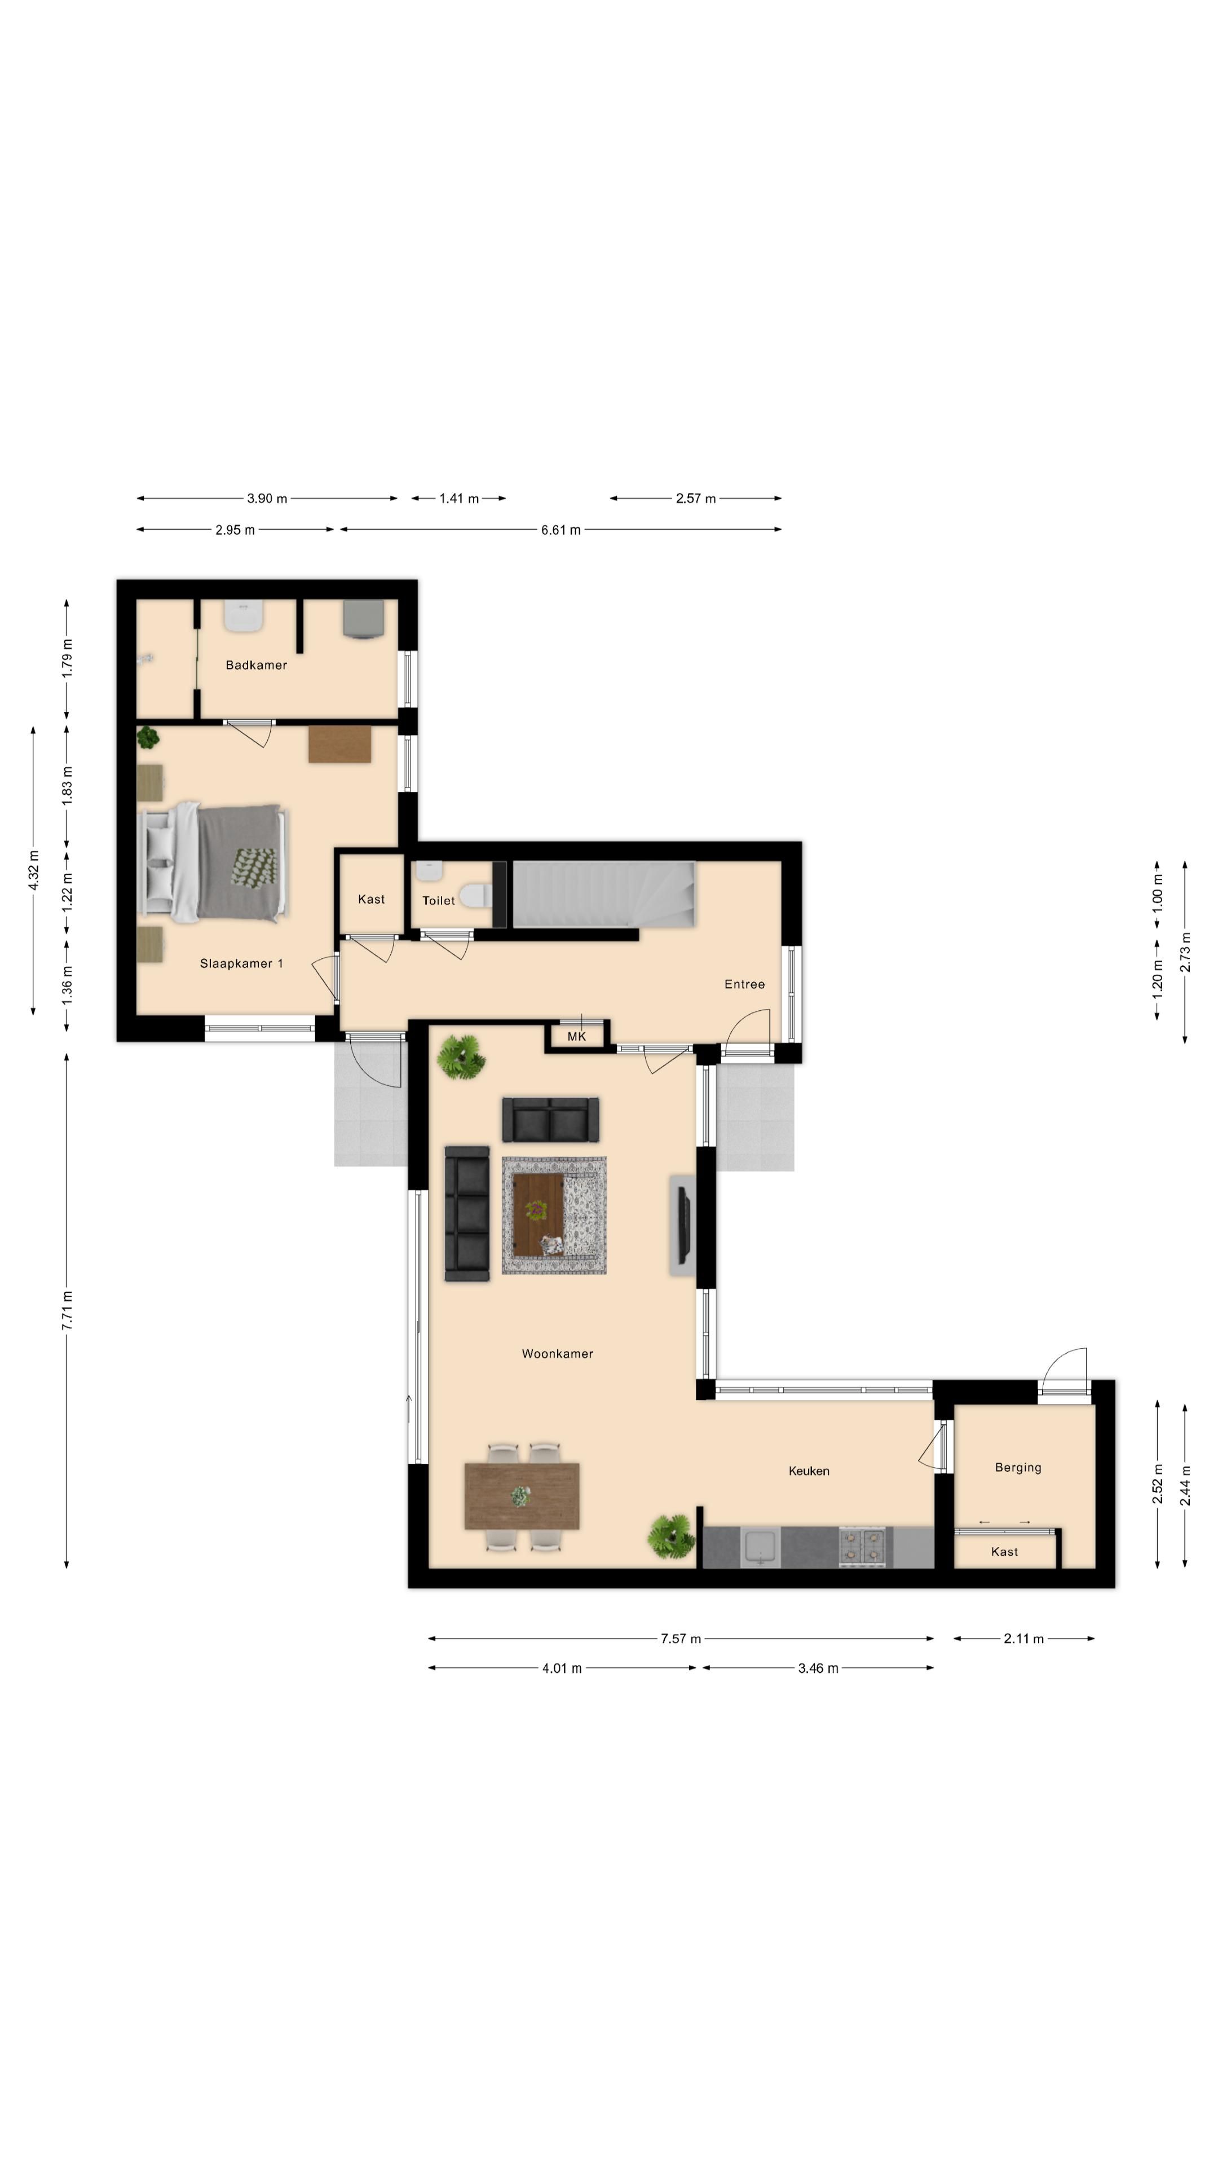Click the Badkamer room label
[257, 665]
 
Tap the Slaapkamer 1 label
[241, 963]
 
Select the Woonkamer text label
[557, 1354]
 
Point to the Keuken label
[809, 1471]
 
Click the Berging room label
[1018, 1467]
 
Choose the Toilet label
[438, 901]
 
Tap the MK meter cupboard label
[577, 1037]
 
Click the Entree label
[745, 984]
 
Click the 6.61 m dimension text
[561, 530]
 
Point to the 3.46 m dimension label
[818, 1668]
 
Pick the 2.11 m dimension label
[1024, 1639]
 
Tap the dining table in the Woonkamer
[521, 1496]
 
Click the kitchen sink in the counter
[761, 1548]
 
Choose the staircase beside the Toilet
[603, 894]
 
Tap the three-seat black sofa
[466, 1214]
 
